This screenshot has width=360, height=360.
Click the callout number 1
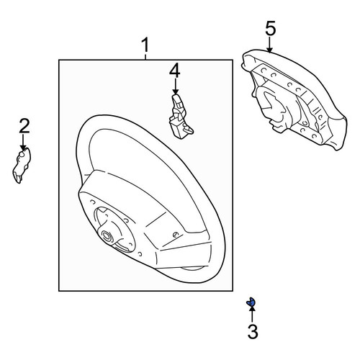point(145,45)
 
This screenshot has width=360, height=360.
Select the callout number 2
point(24,126)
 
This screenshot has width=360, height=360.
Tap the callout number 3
point(253,331)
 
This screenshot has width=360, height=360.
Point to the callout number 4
point(175,71)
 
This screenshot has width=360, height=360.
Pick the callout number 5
point(271,28)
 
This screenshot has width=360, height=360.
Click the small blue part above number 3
point(251,302)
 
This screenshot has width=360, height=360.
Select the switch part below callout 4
point(180,117)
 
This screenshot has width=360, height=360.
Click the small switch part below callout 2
point(22,165)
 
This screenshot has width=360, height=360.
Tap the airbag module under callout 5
point(294,99)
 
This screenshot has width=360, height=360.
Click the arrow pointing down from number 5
point(269,45)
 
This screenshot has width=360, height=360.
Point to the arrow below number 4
point(176,86)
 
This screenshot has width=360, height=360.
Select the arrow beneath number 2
point(23,143)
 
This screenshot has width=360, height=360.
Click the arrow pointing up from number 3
point(252,314)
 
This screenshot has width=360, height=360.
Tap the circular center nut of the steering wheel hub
point(106,235)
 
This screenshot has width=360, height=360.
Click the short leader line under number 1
point(145,57)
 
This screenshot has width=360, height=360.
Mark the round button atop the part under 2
point(22,155)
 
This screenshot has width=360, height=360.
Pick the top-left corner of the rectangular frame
point(59,60)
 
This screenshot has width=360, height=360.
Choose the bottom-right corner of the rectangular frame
point(233,291)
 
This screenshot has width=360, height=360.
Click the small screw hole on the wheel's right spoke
point(176,235)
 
